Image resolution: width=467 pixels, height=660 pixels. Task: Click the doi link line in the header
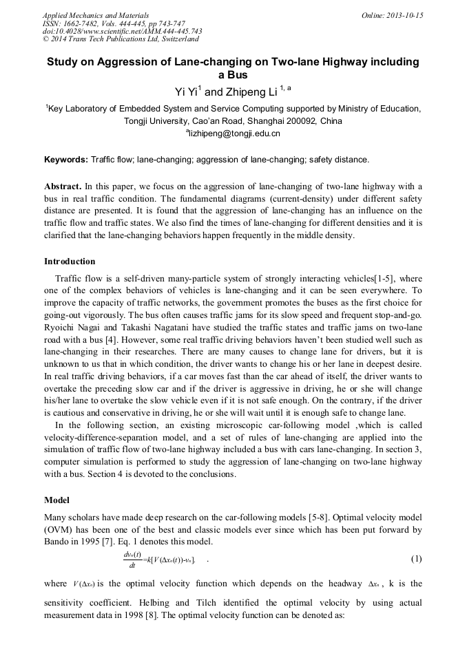tap(122, 32)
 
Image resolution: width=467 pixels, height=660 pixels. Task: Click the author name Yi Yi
tap(187, 92)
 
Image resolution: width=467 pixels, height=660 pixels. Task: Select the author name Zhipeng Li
tap(252, 92)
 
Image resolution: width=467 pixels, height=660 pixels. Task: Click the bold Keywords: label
tap(66, 160)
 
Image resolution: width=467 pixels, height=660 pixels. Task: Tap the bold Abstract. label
tap(63, 187)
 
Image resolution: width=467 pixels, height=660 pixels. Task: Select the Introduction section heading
tap(70, 262)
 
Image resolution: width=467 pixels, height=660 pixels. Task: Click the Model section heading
tap(57, 500)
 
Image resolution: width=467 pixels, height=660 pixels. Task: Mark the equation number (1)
tap(416, 558)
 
